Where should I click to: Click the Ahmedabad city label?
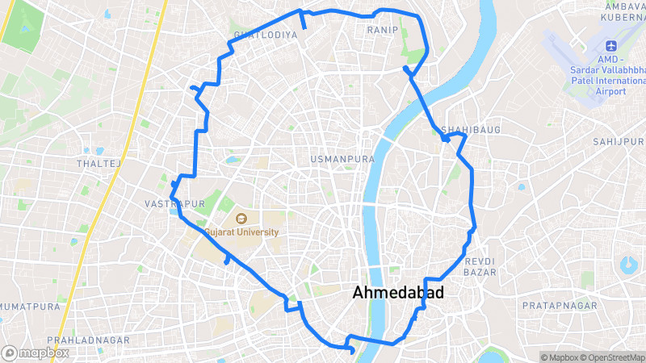point(398,294)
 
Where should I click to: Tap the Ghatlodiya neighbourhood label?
point(259,35)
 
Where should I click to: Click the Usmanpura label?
point(343,160)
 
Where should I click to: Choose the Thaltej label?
point(98,164)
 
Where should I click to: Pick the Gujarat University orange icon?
point(241,218)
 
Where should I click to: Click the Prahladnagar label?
point(88,340)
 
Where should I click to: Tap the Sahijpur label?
point(619,141)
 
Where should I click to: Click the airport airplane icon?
point(610,44)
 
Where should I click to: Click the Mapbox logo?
point(35,353)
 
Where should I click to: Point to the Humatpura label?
point(31,307)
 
